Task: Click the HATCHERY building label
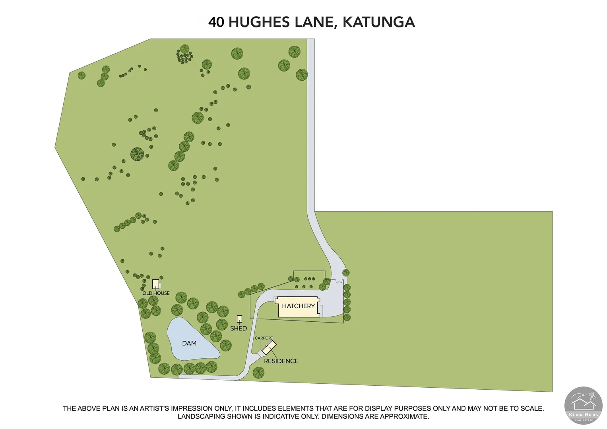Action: [x=298, y=306]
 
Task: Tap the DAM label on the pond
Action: [x=189, y=343]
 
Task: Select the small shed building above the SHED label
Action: [x=239, y=319]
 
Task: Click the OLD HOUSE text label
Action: [x=156, y=293]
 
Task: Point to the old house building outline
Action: [x=156, y=284]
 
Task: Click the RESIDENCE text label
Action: [x=281, y=361]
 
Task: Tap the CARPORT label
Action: [x=264, y=338]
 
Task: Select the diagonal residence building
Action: [x=269, y=348]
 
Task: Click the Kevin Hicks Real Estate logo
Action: [x=583, y=406]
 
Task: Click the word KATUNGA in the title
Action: [x=379, y=22]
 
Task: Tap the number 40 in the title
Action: [x=216, y=22]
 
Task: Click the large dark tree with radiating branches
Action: [x=138, y=154]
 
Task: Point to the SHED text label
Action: [x=239, y=329]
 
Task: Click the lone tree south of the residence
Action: [x=258, y=373]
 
